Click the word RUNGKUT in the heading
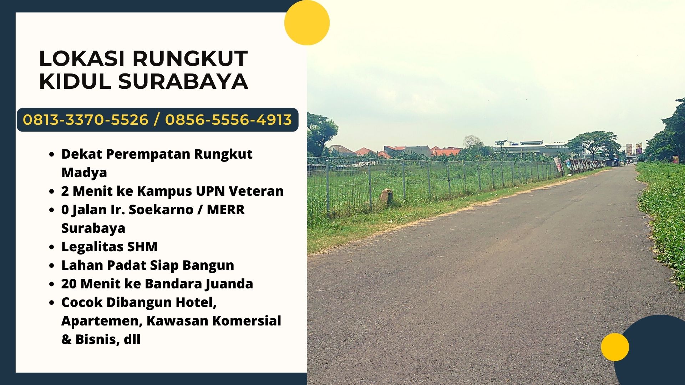[190, 58]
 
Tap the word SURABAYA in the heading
[183, 81]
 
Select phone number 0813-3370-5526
[86, 120]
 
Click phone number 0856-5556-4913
[228, 120]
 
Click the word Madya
[84, 173]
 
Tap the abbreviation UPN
[210, 191]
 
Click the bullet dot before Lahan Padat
[52, 266]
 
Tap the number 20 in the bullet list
[68, 284]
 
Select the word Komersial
[247, 321]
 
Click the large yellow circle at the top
[307, 22]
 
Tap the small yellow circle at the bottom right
[615, 347]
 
